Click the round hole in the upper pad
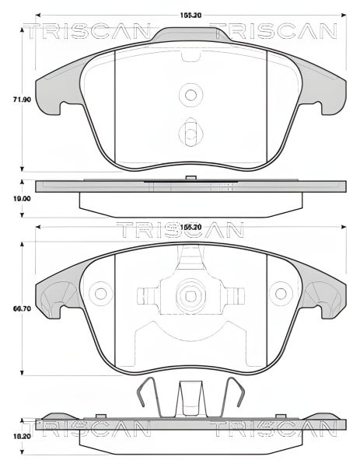coord(190,95)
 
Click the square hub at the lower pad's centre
coord(190,296)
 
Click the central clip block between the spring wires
coord(190,400)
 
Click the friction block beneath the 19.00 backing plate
coord(190,203)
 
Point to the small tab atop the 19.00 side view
coord(190,177)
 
